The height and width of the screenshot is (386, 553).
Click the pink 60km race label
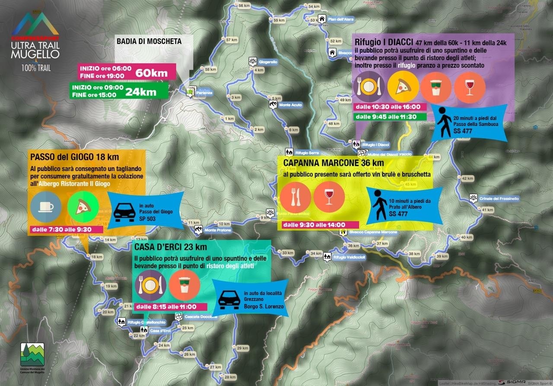click(152, 73)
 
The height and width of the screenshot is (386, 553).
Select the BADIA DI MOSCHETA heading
click(149, 41)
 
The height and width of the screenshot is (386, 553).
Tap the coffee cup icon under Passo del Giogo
click(46, 207)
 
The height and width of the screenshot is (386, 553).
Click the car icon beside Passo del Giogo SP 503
click(123, 212)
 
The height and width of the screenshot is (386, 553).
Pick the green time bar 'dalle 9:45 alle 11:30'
click(389, 117)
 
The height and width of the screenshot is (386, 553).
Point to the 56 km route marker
click(244, 6)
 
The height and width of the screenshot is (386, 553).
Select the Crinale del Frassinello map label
click(499, 199)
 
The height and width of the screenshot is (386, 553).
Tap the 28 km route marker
click(230, 377)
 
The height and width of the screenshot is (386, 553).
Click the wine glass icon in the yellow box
click(329, 196)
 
